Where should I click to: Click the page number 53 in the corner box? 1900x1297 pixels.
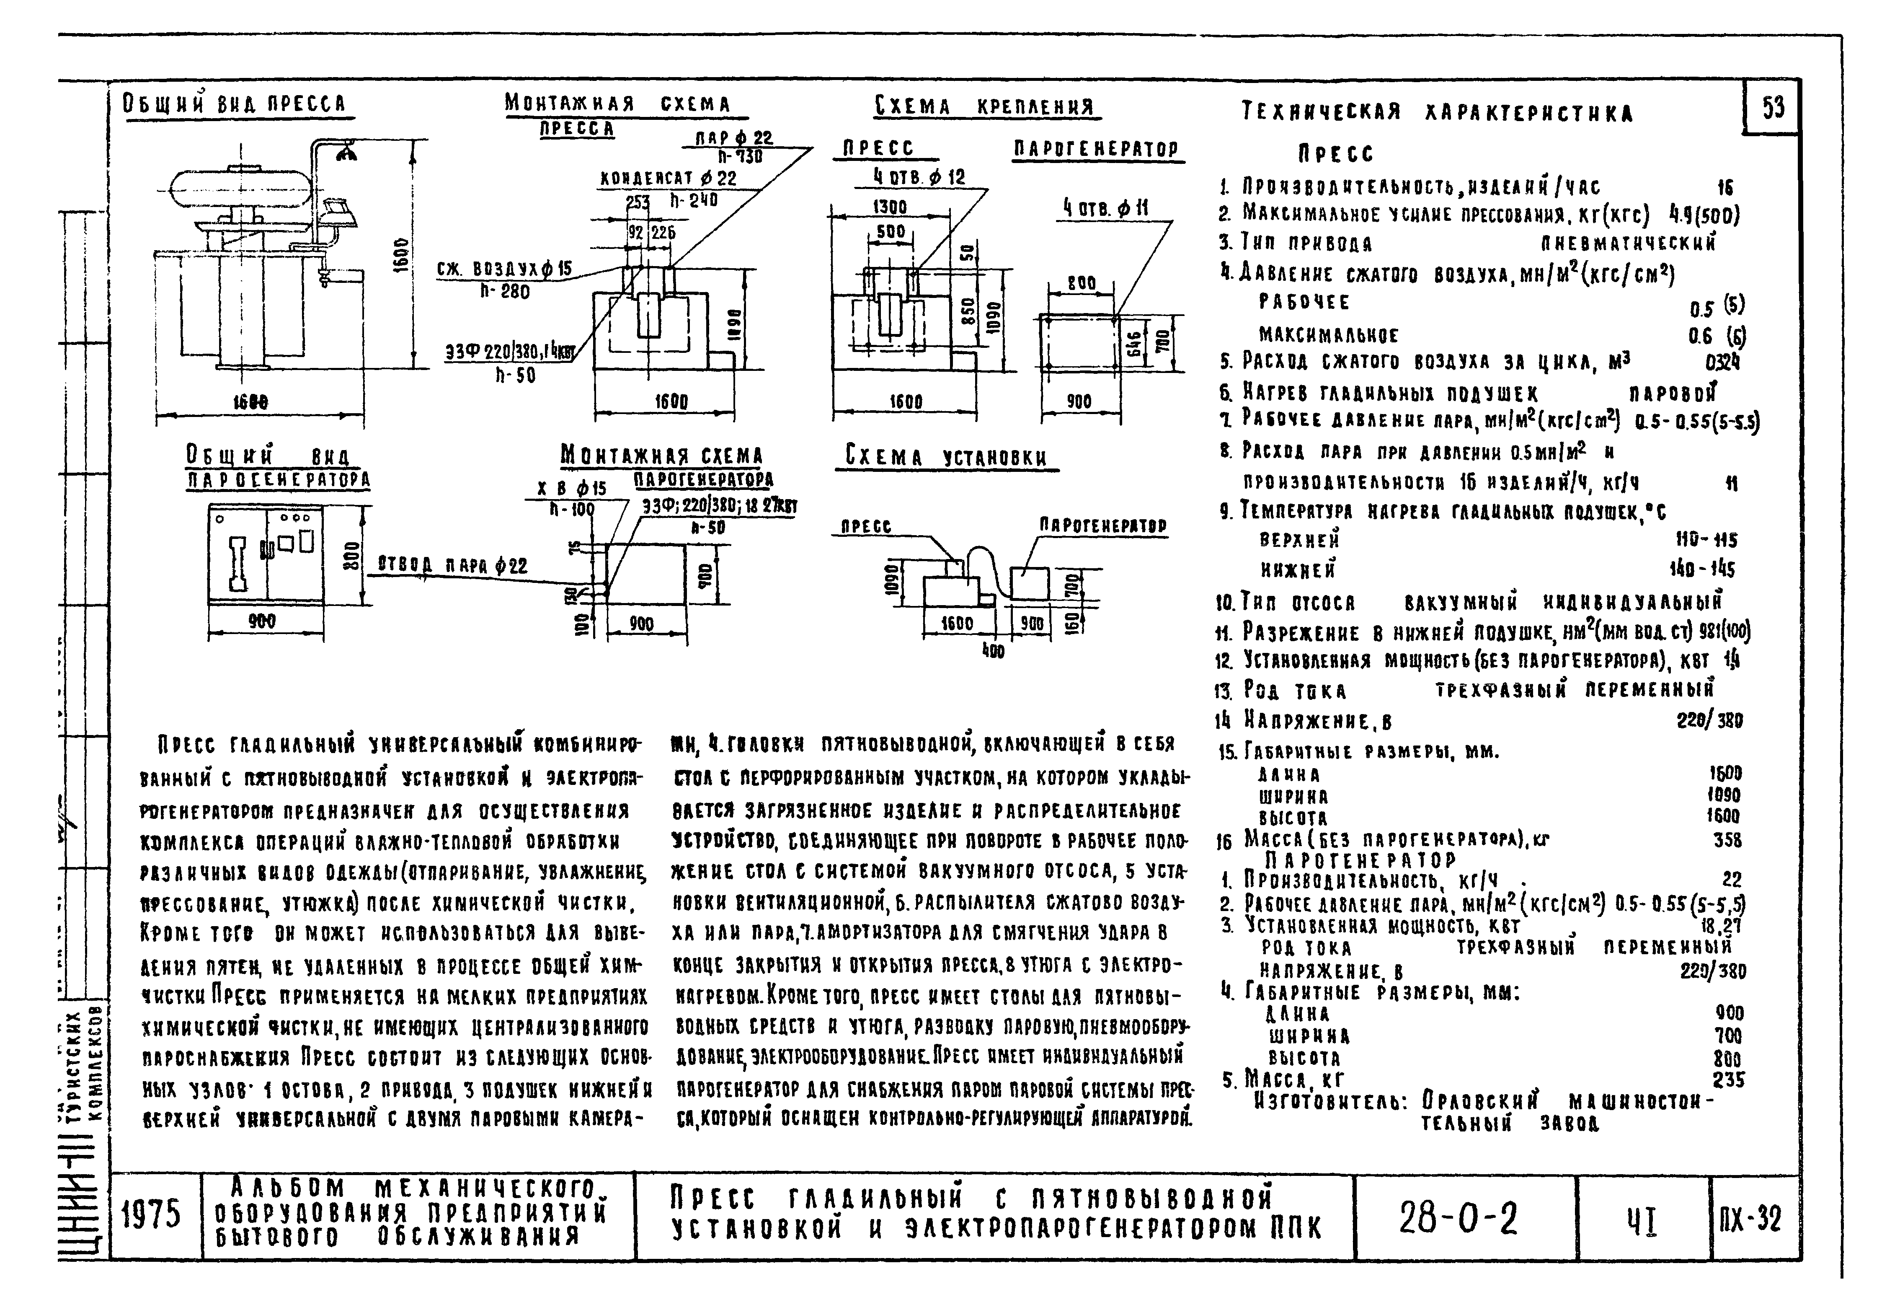[x=1773, y=107]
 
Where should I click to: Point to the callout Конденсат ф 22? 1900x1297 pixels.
[x=669, y=178]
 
